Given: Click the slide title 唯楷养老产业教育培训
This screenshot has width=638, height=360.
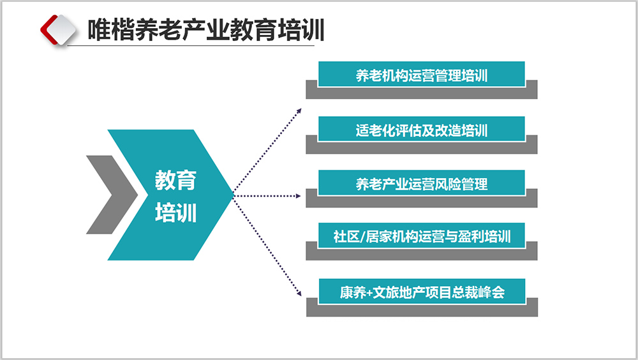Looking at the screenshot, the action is tap(206, 30).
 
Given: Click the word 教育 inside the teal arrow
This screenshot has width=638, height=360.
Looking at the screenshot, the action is tap(175, 180).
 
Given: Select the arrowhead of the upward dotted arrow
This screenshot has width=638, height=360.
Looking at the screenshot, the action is tap(299, 110).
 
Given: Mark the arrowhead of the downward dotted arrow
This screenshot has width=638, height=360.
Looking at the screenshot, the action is tap(299, 293).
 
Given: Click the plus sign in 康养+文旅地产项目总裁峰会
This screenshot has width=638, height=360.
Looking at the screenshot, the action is tap(369, 292).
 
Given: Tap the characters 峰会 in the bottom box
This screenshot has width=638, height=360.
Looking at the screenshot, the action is tap(492, 292).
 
